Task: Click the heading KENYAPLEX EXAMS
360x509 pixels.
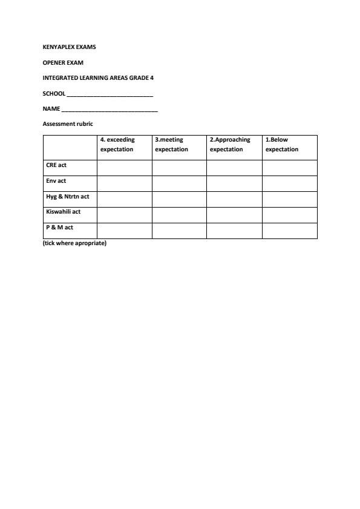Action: (69, 47)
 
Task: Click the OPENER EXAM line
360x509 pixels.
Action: (63, 62)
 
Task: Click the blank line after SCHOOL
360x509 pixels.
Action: (110, 94)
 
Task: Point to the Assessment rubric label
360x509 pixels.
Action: (68, 124)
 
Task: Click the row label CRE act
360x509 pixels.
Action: (56, 165)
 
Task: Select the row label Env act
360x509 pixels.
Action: (56, 181)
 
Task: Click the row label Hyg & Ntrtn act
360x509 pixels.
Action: (68, 197)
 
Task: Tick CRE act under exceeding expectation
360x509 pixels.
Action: (124, 168)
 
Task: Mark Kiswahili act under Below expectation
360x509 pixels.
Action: (289, 215)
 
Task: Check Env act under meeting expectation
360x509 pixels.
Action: (179, 183)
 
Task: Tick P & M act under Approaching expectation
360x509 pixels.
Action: (234, 231)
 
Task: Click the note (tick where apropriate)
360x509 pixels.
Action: (74, 243)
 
